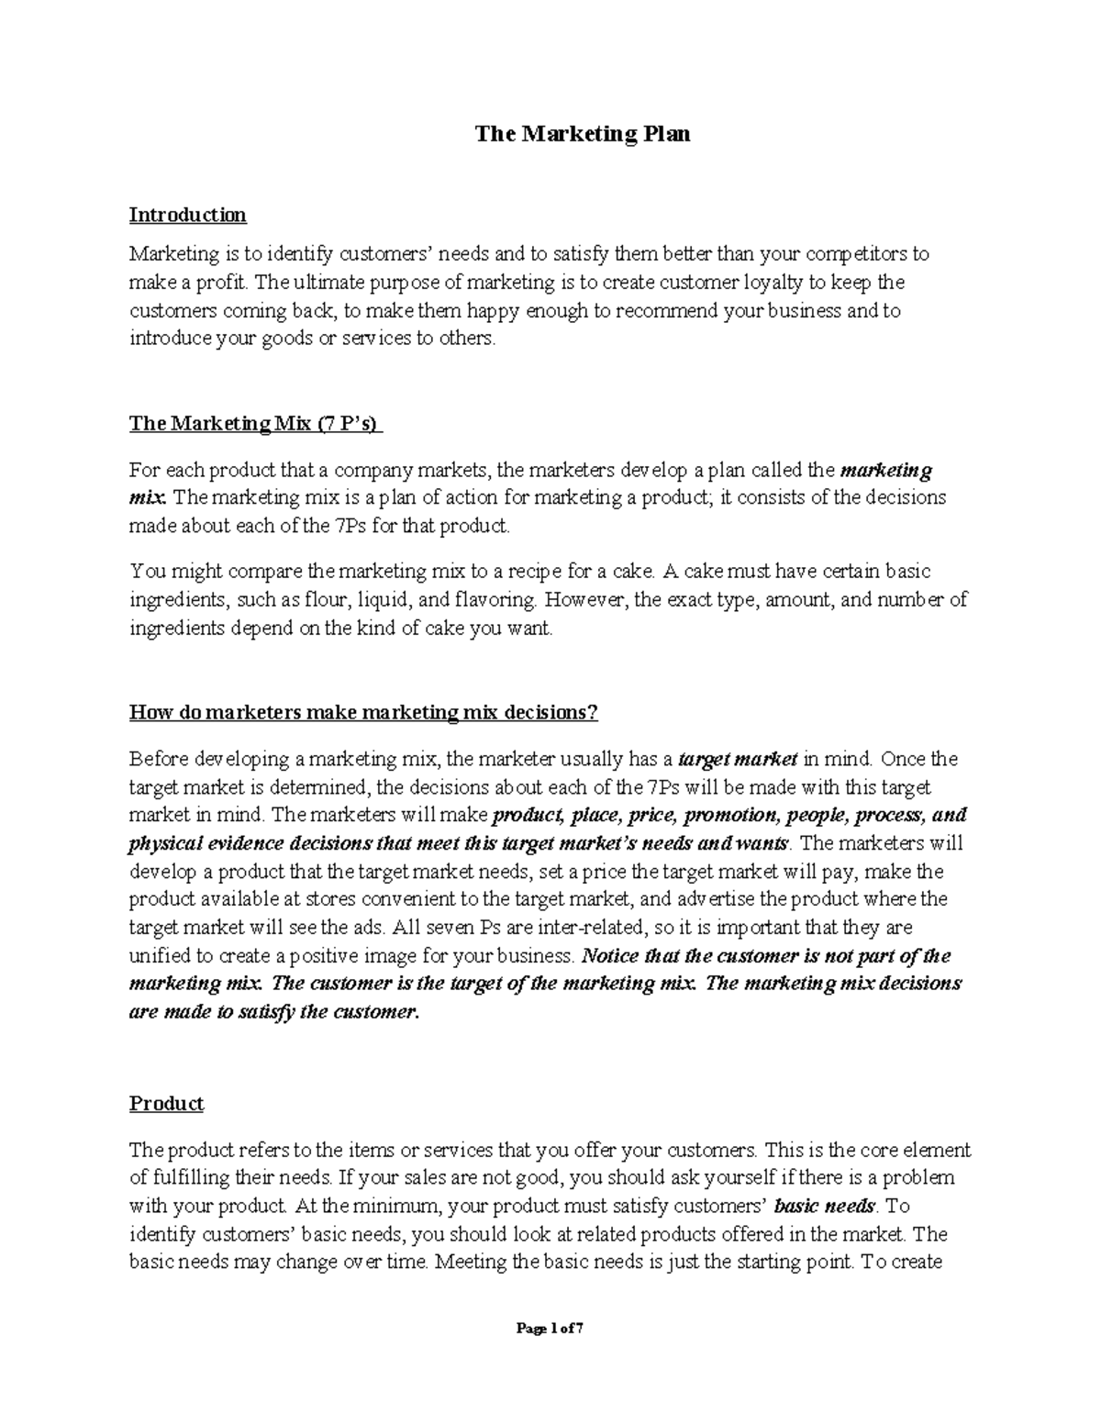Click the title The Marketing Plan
point(582,134)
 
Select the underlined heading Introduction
point(187,215)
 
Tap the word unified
point(159,955)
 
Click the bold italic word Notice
point(609,955)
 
